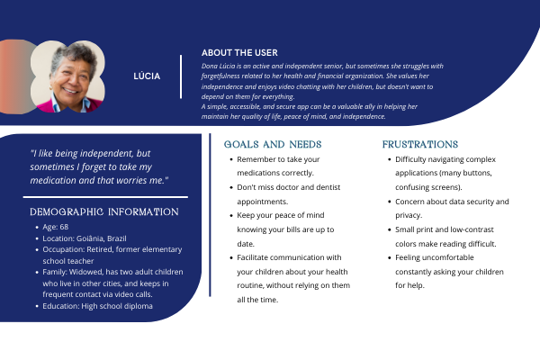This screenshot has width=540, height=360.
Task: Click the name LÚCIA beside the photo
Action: pyautogui.click(x=147, y=76)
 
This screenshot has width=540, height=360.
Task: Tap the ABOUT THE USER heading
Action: pyautogui.click(x=239, y=53)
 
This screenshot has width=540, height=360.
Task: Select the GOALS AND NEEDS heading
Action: pyautogui.click(x=272, y=144)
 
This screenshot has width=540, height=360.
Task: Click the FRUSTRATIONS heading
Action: pyautogui.click(x=420, y=144)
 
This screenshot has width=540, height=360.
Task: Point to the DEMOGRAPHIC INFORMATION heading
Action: pyautogui.click(x=104, y=211)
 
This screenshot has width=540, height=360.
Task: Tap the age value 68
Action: pyautogui.click(x=65, y=229)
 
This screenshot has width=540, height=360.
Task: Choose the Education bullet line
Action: pyautogui.click(x=97, y=306)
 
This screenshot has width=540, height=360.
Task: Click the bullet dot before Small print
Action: pyautogui.click(x=388, y=231)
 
